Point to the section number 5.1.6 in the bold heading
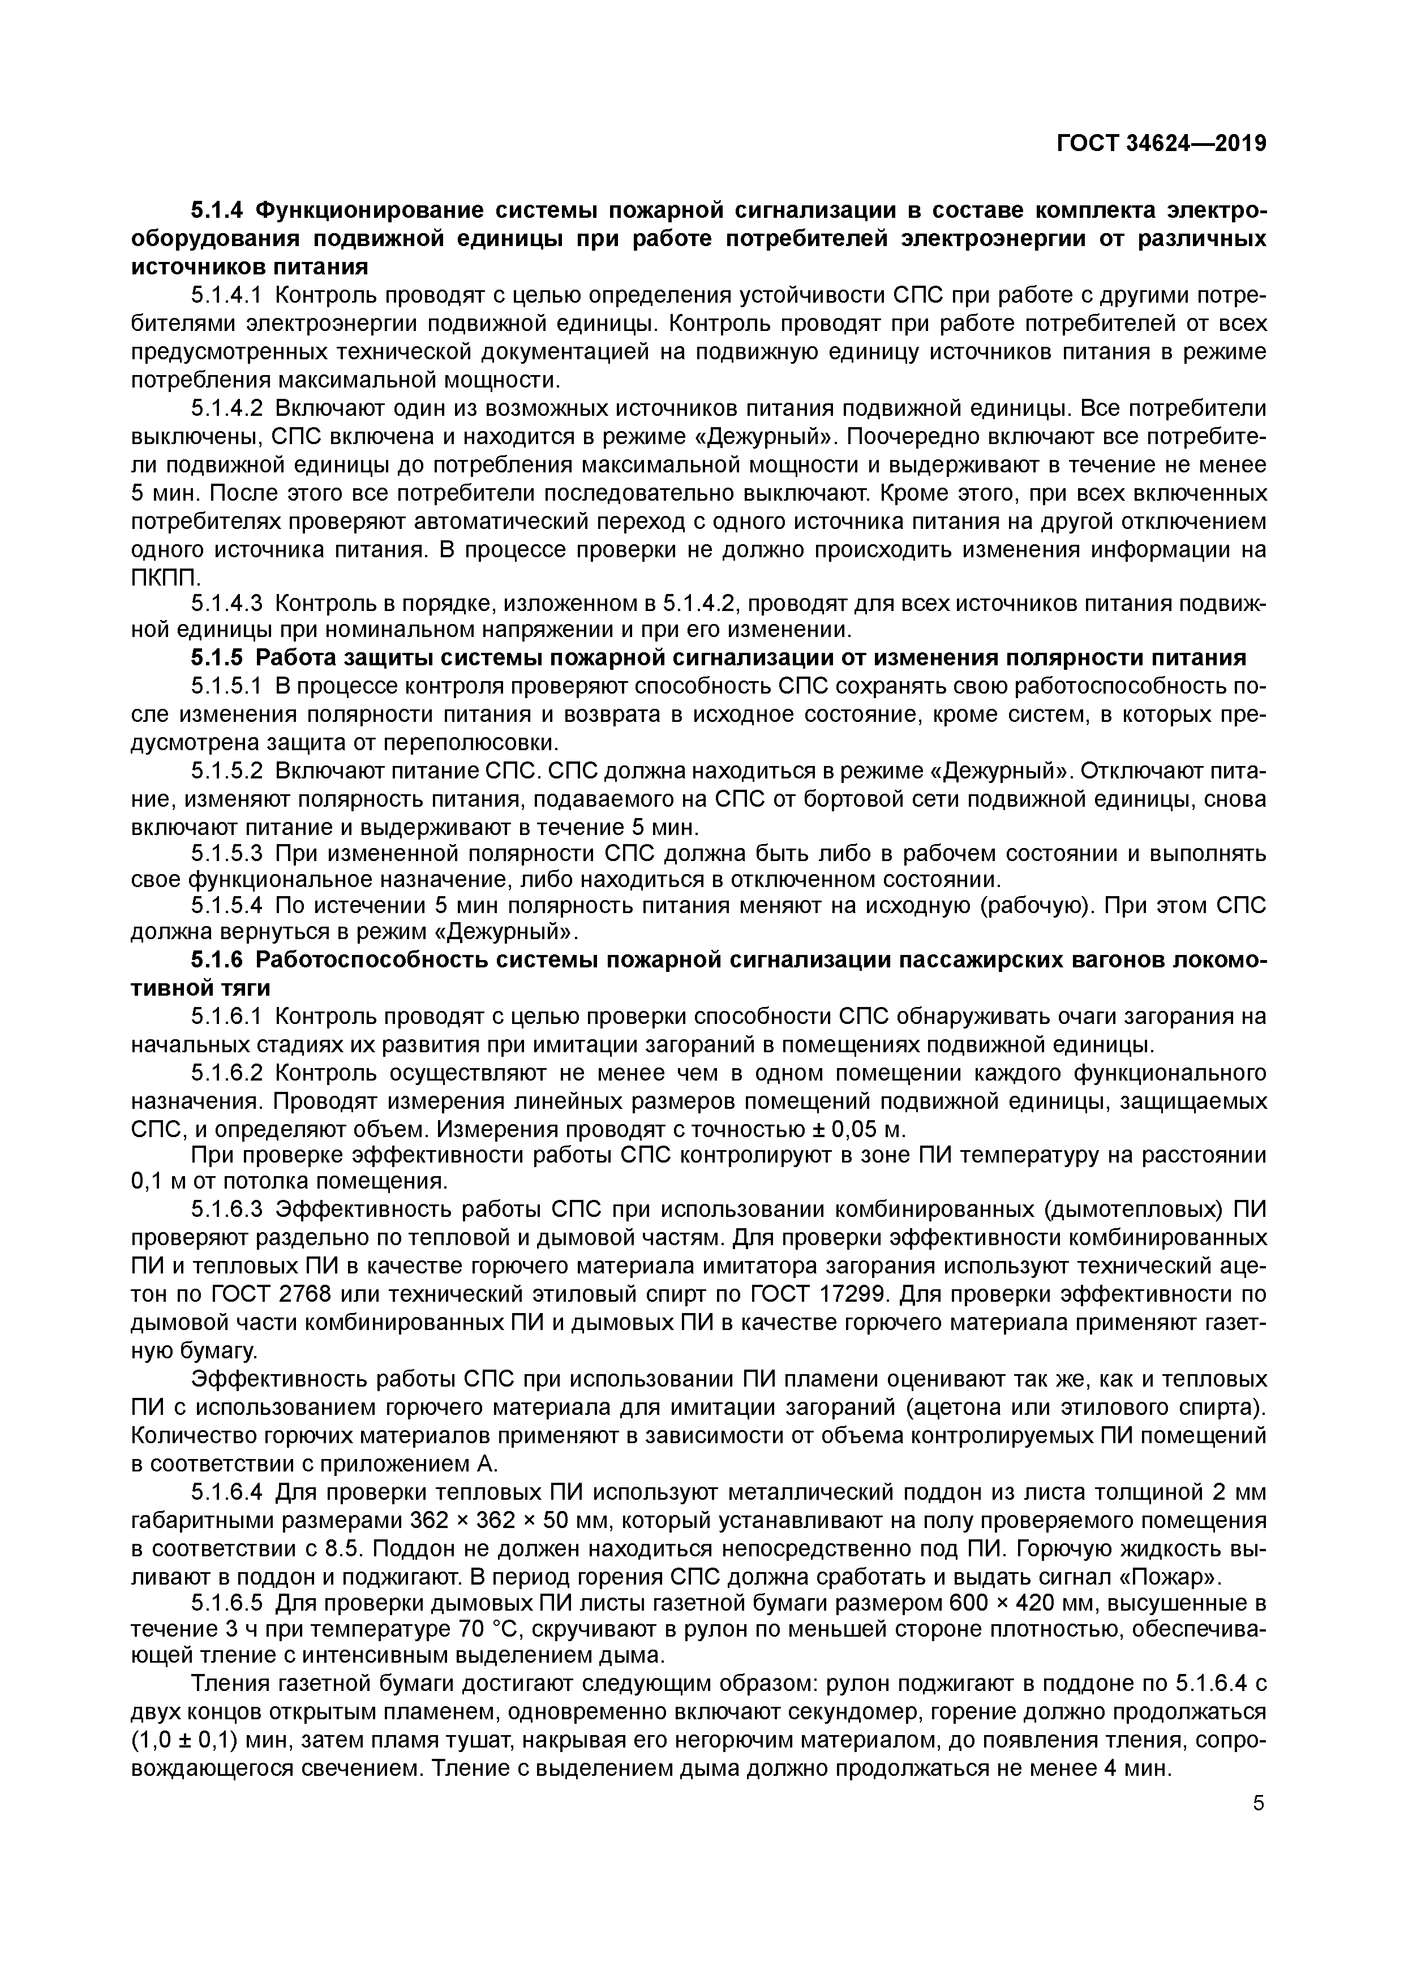click(x=218, y=959)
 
